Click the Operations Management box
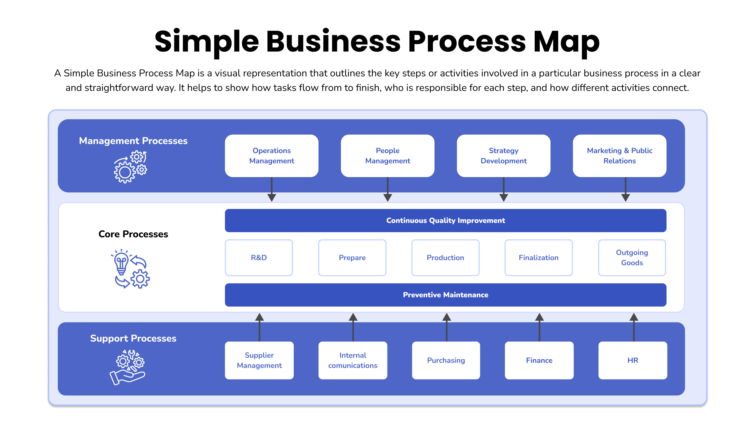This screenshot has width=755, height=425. point(272,156)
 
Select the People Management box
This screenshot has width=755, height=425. point(388,156)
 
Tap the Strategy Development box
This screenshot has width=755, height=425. point(503,156)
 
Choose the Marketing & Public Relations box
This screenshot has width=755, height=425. point(620,156)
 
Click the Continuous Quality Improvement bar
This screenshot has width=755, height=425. point(446,220)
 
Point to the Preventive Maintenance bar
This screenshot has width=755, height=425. point(446,295)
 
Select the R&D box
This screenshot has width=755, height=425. point(259,258)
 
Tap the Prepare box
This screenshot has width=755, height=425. point(352,258)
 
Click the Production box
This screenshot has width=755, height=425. point(445,258)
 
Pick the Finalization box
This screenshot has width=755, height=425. point(539,258)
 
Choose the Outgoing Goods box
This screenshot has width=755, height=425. point(632,258)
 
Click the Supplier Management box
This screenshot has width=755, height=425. point(259,360)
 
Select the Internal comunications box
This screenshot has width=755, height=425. point(353,360)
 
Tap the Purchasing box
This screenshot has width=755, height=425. point(446,360)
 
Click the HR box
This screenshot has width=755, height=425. point(633,360)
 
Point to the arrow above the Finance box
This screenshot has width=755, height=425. point(539,327)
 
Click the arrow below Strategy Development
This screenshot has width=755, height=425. point(504,189)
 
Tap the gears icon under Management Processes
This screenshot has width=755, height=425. point(131,167)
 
